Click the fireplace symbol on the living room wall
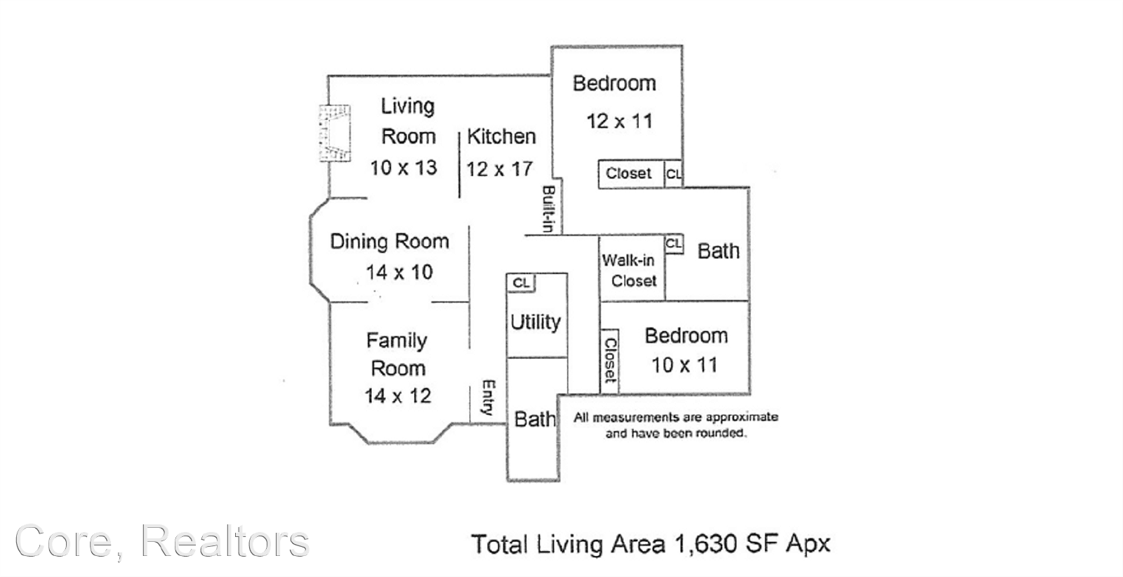(335, 133)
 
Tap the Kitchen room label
(501, 136)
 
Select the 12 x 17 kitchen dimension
(499, 169)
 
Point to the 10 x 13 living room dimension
(404, 168)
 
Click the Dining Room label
(390, 241)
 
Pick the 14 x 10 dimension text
(399, 272)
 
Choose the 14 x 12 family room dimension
(397, 396)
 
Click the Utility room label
(536, 321)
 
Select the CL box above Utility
(521, 283)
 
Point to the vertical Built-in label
(548, 209)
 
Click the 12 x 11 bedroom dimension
(620, 121)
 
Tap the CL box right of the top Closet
(673, 174)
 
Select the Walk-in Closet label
(629, 270)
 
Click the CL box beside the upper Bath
(674, 244)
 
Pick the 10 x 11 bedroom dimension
(684, 365)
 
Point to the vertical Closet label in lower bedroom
(610, 360)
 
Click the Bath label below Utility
(535, 419)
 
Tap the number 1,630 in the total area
(706, 545)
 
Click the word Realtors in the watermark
(225, 541)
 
